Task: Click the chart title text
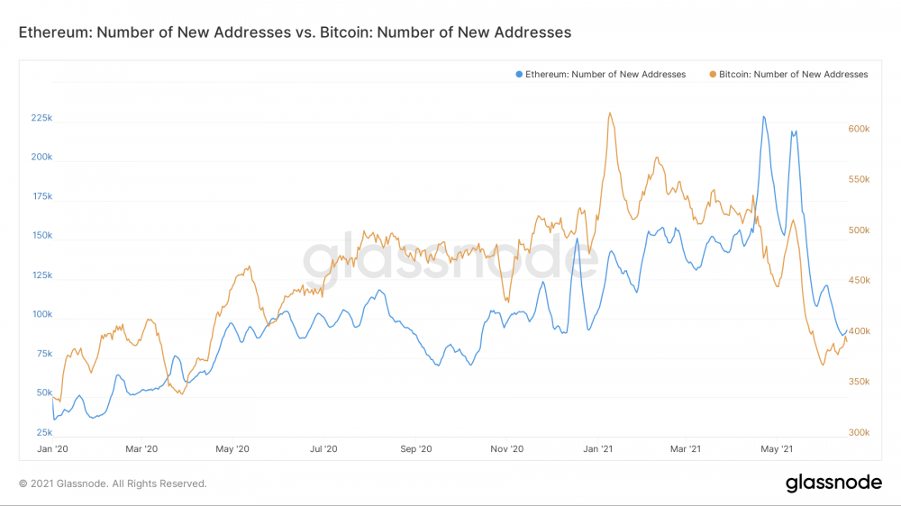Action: point(295,32)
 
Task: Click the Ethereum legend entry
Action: point(605,74)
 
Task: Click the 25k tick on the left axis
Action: point(43,433)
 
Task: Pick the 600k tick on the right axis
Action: point(859,129)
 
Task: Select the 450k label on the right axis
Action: point(859,281)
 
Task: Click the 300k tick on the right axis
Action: point(859,432)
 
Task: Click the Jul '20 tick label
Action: point(323,448)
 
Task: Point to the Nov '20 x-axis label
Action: point(507,448)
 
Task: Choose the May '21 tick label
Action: point(777,448)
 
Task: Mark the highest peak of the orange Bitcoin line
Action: point(610,113)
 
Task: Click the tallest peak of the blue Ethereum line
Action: point(764,116)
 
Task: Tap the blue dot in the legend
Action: point(519,74)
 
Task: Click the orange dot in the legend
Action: point(713,74)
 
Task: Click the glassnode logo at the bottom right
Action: point(833,483)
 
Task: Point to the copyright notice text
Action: point(113,483)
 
